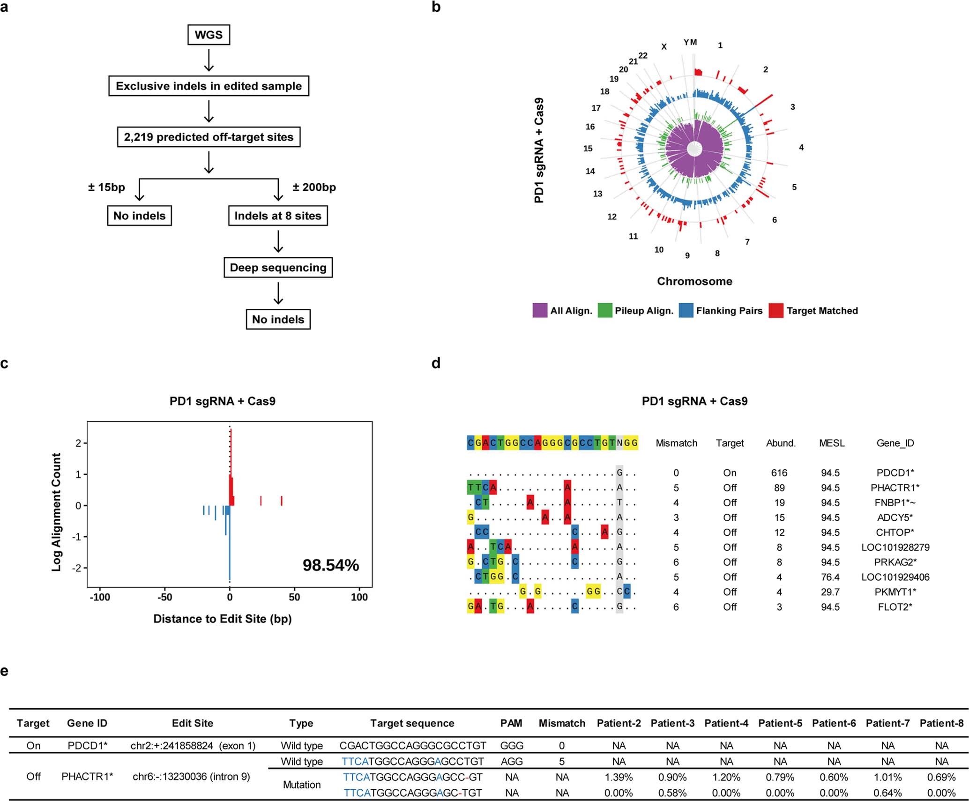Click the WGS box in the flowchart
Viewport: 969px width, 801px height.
coord(209,35)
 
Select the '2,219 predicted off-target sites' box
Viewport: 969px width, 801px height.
coord(209,137)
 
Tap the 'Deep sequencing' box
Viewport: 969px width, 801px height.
coord(278,268)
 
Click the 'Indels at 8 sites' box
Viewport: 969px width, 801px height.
coord(278,216)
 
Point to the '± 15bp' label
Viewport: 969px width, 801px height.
coord(106,187)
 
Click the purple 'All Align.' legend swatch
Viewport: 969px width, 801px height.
coord(540,311)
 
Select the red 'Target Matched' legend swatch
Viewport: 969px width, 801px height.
coord(776,311)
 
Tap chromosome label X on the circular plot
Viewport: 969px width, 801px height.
coord(664,47)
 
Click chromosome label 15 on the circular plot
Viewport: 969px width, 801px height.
coord(588,149)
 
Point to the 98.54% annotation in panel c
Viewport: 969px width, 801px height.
coord(330,565)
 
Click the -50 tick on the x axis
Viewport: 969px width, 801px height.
coord(164,597)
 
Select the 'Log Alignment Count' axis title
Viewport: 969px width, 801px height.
coord(57,512)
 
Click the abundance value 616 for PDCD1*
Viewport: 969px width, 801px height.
coord(779,473)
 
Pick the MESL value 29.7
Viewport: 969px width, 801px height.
coord(830,592)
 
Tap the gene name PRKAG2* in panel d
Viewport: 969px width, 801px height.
coord(895,562)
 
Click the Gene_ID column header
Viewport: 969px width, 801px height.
coord(895,443)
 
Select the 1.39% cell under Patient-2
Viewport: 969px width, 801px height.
coord(619,778)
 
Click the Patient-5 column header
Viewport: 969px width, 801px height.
coord(780,724)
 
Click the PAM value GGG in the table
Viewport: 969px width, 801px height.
coord(512,746)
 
